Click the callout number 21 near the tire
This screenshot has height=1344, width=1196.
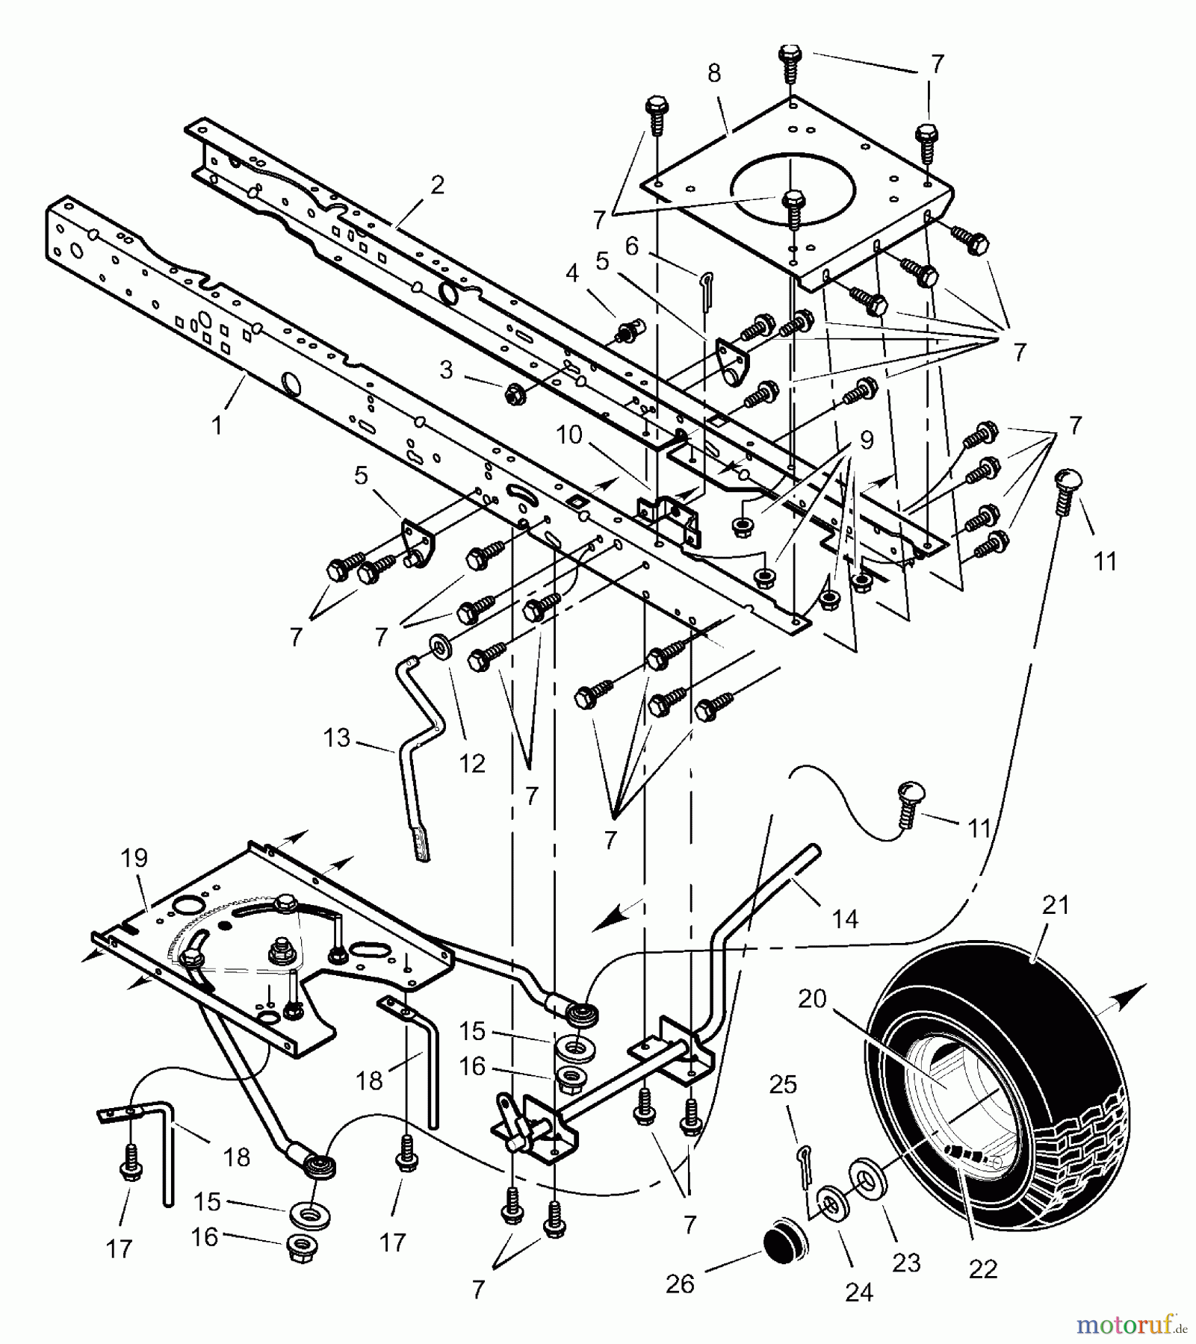click(x=1055, y=906)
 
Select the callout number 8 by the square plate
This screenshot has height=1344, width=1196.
click(x=714, y=73)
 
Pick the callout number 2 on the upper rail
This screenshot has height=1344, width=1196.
click(x=438, y=184)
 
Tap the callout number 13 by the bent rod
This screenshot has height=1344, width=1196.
click(x=337, y=738)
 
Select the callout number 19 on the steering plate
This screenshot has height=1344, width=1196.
click(x=135, y=858)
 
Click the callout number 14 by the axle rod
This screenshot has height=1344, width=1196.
click(x=845, y=919)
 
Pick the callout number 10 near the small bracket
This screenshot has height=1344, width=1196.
click(x=569, y=435)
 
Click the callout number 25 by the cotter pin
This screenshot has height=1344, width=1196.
click(x=783, y=1083)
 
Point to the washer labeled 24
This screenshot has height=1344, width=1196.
click(x=828, y=1200)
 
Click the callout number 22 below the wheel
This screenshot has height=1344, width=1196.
click(x=983, y=1269)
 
